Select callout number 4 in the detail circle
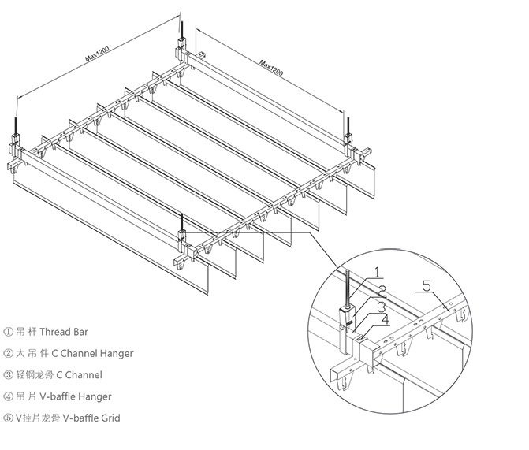[x=384, y=319]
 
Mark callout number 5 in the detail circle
[x=427, y=287]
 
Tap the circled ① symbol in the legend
[x=9, y=332]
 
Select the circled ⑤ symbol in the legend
[x=9, y=418]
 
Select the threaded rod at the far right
[x=348, y=125]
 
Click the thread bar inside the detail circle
[x=346, y=284]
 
